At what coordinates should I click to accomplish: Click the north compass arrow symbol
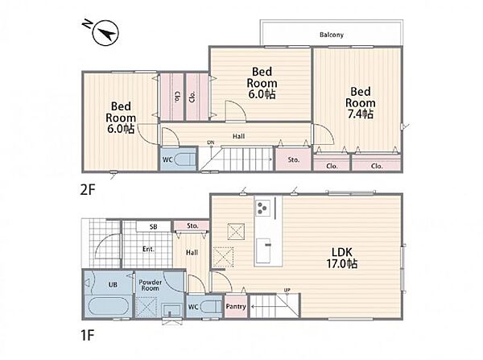[106, 33]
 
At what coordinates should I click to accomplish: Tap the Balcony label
[332, 35]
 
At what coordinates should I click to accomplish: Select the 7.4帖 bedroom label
[360, 103]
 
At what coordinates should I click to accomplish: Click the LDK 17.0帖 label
[342, 258]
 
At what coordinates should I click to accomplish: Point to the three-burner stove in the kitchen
[262, 207]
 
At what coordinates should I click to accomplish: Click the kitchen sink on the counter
[264, 250]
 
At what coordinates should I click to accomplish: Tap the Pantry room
[236, 306]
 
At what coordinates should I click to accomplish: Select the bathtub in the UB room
[108, 306]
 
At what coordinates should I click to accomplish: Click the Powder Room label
[150, 285]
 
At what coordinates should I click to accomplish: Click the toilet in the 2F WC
[184, 159]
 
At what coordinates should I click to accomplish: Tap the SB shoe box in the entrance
[154, 226]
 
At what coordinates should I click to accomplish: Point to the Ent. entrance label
[148, 249]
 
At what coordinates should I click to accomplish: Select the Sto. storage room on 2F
[293, 159]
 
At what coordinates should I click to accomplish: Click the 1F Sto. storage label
[192, 226]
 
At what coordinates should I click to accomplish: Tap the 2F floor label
[88, 190]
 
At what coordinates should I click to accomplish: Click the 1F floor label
[87, 335]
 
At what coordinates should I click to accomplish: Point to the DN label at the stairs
[211, 143]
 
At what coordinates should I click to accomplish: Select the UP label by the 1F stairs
[287, 290]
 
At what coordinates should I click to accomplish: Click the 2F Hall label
[239, 136]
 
